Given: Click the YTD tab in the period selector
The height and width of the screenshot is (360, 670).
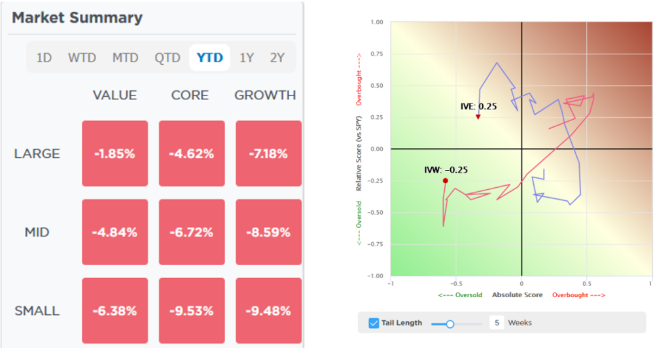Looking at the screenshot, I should tap(209, 58).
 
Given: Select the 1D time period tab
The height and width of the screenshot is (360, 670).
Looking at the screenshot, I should tap(44, 58).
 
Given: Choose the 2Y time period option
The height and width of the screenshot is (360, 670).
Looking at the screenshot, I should tap(277, 58).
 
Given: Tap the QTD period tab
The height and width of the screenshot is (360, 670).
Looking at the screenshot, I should tap(167, 58).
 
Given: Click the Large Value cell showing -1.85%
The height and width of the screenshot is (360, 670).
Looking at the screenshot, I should tap(115, 154).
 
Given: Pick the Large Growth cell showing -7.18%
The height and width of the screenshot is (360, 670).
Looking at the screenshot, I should tap(268, 154).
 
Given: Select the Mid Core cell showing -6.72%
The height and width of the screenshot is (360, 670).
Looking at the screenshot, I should tap(192, 232).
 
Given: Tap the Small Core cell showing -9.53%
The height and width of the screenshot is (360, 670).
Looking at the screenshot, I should tap(192, 311).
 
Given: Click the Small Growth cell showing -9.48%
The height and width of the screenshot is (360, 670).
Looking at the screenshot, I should tap(268, 311).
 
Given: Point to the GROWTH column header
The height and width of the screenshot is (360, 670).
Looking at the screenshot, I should tap(265, 95).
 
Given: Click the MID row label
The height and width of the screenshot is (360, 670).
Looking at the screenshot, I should tap(37, 232).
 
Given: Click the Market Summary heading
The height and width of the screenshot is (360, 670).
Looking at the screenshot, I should tap(77, 18).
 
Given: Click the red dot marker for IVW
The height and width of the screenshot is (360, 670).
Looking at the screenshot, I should tap(446, 181).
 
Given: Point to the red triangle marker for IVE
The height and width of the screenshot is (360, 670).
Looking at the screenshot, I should tap(478, 117).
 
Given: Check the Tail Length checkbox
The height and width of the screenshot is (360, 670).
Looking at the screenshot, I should tap(374, 323).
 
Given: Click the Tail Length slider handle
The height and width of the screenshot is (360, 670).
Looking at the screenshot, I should tap(450, 323).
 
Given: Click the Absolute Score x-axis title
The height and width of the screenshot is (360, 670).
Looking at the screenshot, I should tap(517, 295).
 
